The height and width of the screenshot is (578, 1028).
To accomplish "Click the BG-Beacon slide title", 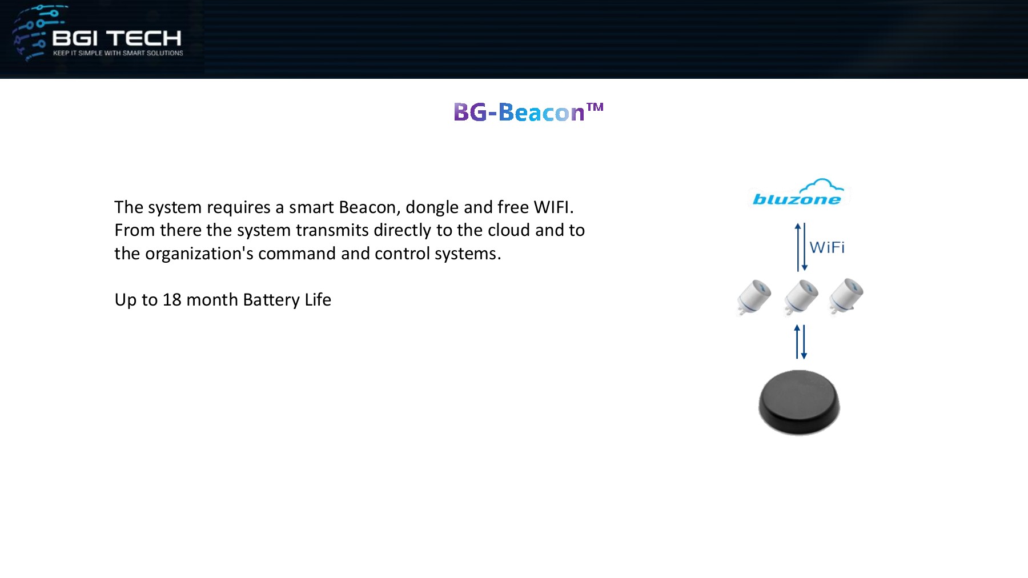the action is point(528,112).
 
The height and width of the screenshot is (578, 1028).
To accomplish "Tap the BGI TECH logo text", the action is point(117,38).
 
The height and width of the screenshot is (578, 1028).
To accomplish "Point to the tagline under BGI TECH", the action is point(118,53).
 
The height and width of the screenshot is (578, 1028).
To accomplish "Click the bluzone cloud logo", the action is point(798,192).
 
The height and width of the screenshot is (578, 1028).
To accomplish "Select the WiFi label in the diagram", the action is point(827,247).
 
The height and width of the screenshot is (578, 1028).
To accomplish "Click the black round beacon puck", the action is point(799,402).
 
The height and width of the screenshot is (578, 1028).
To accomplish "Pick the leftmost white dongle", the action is point(754,296).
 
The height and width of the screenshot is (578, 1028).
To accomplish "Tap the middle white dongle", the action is point(801,297).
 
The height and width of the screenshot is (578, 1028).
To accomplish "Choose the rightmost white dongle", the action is point(846,296).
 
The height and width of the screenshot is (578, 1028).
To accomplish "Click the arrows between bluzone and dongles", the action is point(801,247).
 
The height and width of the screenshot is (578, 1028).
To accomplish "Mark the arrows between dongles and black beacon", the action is point(801,342).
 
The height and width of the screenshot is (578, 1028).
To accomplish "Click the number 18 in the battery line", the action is point(172,300).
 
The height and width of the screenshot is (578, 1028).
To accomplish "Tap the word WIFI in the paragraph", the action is point(553,207).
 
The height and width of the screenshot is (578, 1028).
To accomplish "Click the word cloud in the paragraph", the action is point(509,230).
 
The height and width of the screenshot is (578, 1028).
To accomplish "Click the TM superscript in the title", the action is point(595,107).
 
